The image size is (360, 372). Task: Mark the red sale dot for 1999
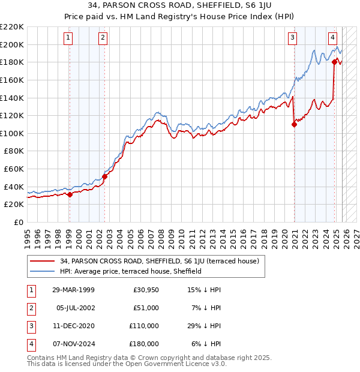70,194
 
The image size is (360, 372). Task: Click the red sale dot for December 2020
294,124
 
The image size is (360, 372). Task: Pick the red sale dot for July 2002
104,176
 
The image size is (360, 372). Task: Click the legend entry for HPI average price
130,271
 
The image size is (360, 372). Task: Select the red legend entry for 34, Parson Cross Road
159,261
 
